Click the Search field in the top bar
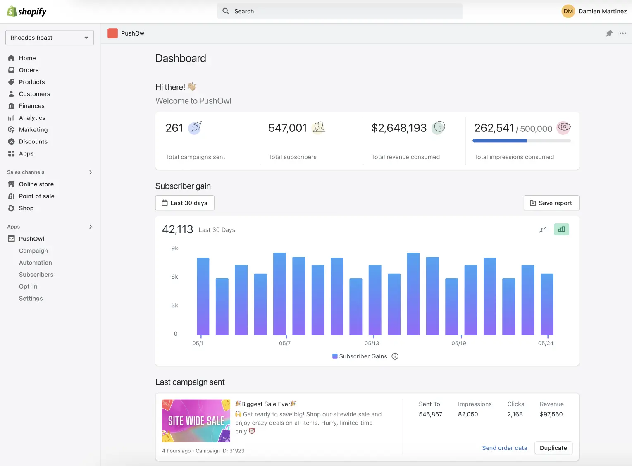(x=340, y=11)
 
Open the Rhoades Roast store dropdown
(x=50, y=38)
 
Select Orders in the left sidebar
(x=29, y=70)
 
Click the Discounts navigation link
(x=33, y=141)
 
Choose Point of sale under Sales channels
(x=36, y=196)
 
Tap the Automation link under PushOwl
(x=36, y=263)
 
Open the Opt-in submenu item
(x=28, y=286)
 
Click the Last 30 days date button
(x=185, y=203)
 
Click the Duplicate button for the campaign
(x=553, y=448)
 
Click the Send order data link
(x=504, y=448)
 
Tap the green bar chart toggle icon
(x=561, y=229)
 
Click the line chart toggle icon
(x=543, y=229)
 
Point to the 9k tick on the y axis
(x=174, y=248)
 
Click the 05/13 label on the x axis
(x=372, y=343)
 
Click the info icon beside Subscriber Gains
(x=395, y=356)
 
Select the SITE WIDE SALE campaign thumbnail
(x=196, y=421)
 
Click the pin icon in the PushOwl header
(x=609, y=33)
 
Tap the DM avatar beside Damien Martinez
(x=568, y=11)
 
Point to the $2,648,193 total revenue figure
(x=399, y=128)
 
